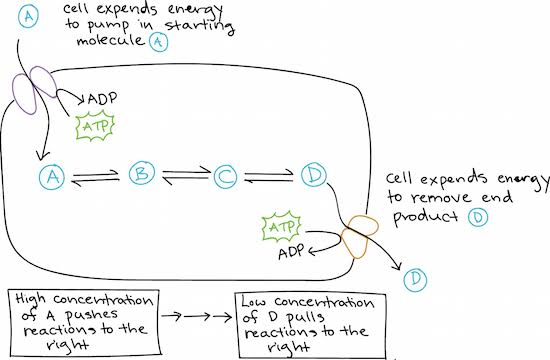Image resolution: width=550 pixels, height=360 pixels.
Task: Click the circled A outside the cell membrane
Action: click(x=28, y=16)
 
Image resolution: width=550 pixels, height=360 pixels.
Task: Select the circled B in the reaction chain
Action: click(x=141, y=173)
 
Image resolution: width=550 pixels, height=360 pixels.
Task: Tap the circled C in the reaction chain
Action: click(x=225, y=176)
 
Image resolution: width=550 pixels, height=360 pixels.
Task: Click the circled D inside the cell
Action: click(x=313, y=174)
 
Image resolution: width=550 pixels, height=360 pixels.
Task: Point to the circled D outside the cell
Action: click(x=415, y=280)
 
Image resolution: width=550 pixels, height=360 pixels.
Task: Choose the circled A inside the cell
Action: click(x=52, y=176)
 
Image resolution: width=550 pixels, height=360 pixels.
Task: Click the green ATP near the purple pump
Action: click(x=95, y=126)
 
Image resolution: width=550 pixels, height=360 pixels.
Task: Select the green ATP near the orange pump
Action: click(x=281, y=227)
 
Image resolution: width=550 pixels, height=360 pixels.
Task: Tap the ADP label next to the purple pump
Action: click(x=102, y=99)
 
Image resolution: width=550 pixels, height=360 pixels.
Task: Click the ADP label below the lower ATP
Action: click(x=291, y=252)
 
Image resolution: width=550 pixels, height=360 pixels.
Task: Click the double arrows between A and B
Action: click(x=95, y=176)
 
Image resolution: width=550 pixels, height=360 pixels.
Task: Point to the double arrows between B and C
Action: click(x=186, y=175)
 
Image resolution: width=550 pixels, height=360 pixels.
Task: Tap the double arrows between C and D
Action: click(x=269, y=175)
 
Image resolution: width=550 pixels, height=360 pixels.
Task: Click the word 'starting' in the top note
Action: click(x=199, y=26)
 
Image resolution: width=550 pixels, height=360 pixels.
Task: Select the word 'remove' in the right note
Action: click(x=441, y=198)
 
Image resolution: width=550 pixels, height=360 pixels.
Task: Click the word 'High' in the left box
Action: click(x=31, y=299)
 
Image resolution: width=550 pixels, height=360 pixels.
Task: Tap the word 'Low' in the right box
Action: click(x=253, y=301)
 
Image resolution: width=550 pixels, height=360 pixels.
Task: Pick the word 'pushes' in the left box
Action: click(x=91, y=316)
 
